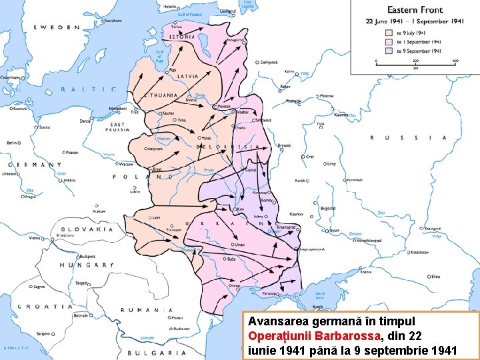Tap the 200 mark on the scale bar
coord(415,61)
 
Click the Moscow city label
coord(326,96)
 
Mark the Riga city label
coord(172,69)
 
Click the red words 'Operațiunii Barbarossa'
coord(315,336)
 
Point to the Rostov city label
coord(365,272)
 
